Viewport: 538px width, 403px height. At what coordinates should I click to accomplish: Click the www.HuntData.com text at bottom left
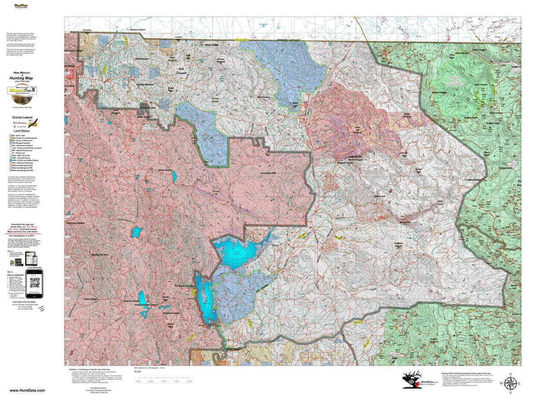27,390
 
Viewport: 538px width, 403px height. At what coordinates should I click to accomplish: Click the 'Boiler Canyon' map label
165,170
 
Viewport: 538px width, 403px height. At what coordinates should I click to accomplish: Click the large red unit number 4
390,191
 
